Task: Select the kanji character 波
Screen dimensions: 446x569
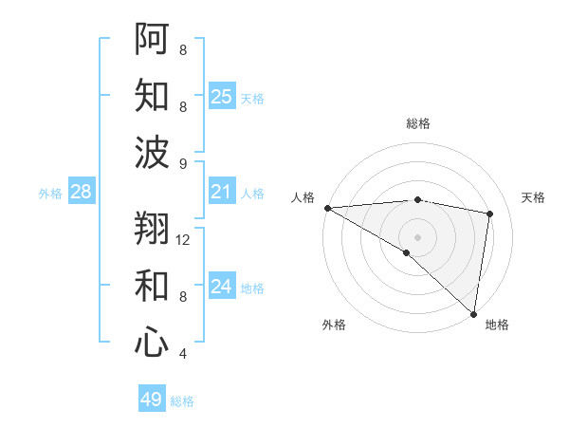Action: click(153, 152)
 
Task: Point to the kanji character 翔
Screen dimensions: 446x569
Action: click(153, 229)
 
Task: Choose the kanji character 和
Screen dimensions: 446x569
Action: click(153, 286)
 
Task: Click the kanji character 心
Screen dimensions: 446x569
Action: click(153, 342)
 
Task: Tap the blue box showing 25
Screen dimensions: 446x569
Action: click(221, 97)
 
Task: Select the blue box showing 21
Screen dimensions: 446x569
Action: click(221, 193)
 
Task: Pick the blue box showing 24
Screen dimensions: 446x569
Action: click(221, 287)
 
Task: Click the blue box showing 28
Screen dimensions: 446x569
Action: click(81, 193)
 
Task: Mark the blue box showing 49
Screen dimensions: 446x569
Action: click(152, 400)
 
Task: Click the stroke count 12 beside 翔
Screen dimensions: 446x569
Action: click(184, 240)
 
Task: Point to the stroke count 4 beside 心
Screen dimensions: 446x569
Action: click(183, 354)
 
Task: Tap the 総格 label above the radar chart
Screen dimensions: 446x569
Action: click(417, 123)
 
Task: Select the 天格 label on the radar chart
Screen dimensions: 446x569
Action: click(534, 197)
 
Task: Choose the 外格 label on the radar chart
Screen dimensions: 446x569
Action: click(333, 325)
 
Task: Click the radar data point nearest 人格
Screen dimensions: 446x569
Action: click(327, 208)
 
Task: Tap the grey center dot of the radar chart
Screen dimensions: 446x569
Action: click(417, 236)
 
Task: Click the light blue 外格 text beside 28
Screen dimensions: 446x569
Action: click(50, 194)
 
